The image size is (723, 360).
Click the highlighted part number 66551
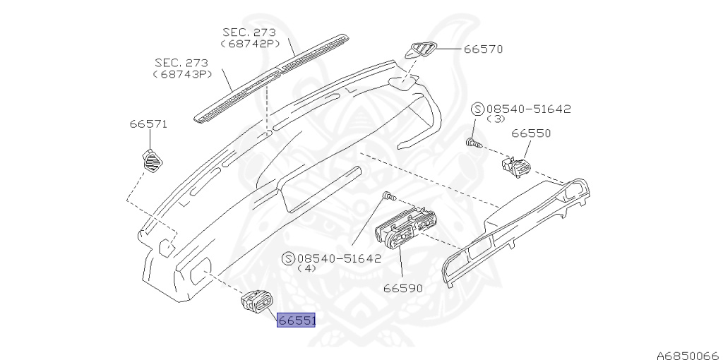(x=297, y=320)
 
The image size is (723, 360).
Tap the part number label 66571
(x=148, y=124)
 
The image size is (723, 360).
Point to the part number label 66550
(x=531, y=133)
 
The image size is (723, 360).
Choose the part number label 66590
(x=403, y=288)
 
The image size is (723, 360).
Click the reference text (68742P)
(x=249, y=44)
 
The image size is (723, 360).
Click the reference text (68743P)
(x=182, y=73)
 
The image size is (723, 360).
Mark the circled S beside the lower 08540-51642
(x=288, y=258)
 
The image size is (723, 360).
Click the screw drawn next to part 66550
(x=474, y=144)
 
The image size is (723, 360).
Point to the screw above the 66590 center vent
(x=388, y=195)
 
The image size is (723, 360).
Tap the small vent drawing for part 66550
(x=515, y=167)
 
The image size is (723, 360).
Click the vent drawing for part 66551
(x=256, y=304)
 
